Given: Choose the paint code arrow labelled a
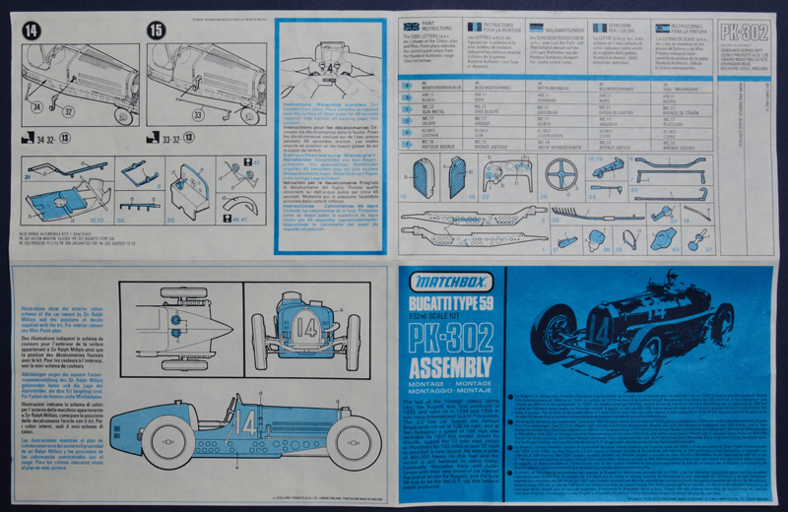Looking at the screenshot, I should coord(408,86).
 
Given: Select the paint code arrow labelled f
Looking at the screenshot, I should coord(408,144).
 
